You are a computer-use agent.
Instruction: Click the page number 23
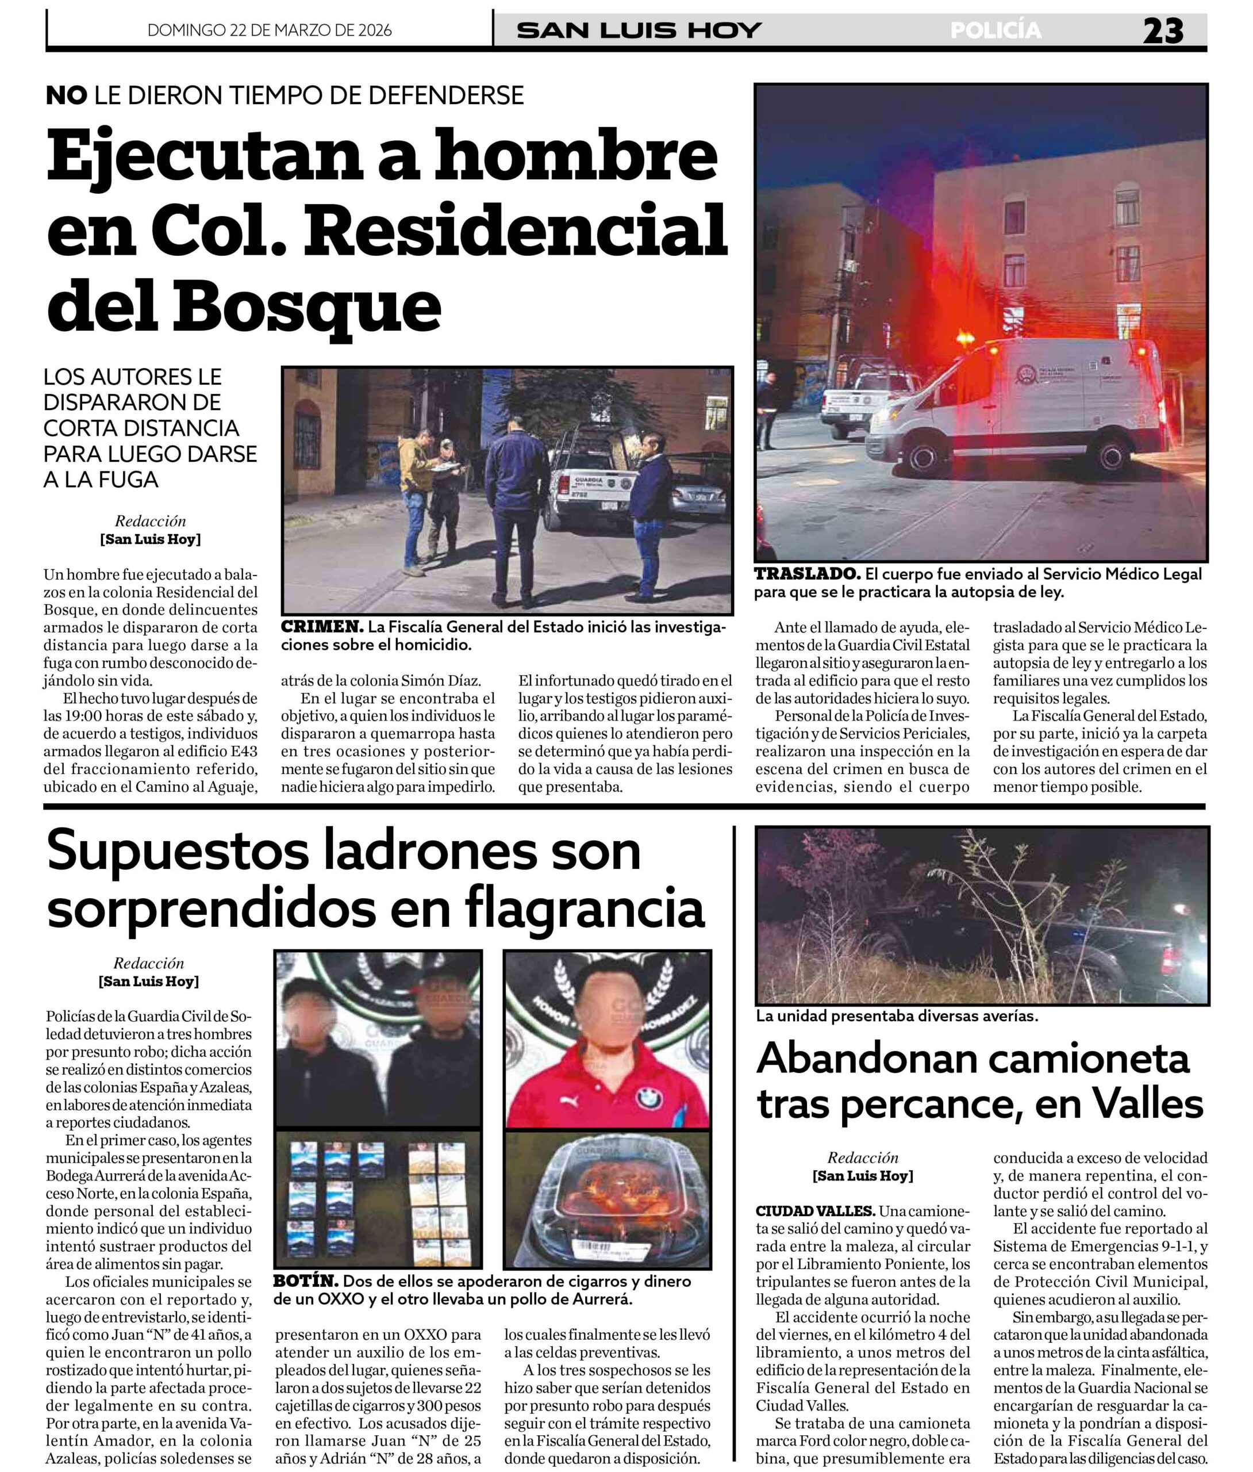pyautogui.click(x=1163, y=31)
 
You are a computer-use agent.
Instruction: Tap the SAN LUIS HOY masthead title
pyautogui.click(x=639, y=30)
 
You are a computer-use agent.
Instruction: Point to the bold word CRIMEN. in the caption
pyautogui.click(x=322, y=627)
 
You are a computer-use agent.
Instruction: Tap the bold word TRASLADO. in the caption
pyautogui.click(x=807, y=574)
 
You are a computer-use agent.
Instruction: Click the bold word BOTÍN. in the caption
pyautogui.click(x=305, y=1281)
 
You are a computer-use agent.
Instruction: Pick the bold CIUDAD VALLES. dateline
pyautogui.click(x=814, y=1210)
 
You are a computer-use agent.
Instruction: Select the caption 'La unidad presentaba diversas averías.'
pyautogui.click(x=897, y=1016)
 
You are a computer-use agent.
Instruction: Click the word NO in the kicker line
pyautogui.click(x=66, y=95)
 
